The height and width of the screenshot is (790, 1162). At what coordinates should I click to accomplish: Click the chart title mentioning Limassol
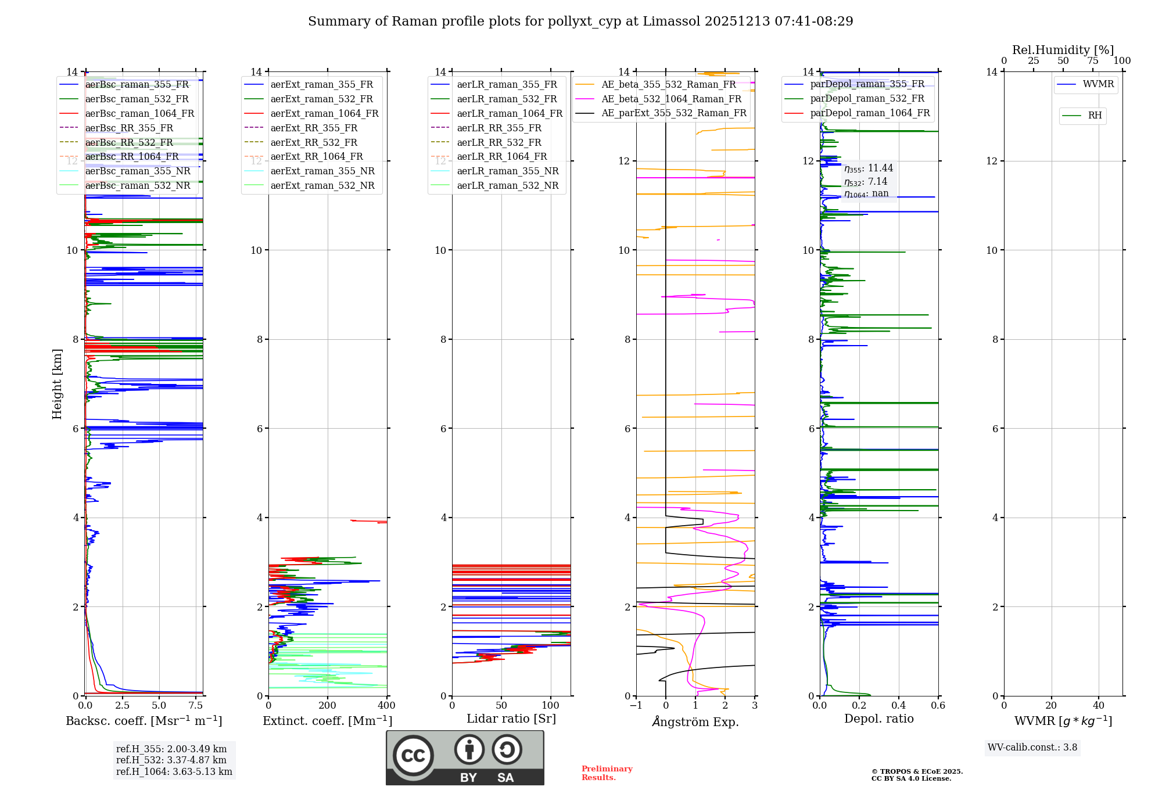tap(580, 21)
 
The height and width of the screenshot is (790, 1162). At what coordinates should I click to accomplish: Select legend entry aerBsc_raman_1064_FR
tap(139, 114)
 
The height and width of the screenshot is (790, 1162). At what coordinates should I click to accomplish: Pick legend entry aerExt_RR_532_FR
tap(314, 142)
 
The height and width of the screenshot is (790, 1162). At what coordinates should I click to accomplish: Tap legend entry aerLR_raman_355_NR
tap(507, 171)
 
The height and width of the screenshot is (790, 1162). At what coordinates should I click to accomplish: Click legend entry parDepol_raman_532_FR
tap(867, 99)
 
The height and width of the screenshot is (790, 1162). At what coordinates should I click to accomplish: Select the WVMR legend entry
tap(1098, 84)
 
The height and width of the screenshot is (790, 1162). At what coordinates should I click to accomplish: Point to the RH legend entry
tap(1095, 116)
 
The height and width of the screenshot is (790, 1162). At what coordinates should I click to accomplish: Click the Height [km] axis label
tap(57, 384)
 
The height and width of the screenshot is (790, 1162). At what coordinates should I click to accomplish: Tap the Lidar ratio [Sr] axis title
tap(511, 719)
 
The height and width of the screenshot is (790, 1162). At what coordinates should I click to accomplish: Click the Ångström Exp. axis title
tap(695, 721)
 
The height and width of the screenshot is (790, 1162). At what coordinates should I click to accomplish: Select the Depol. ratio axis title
tap(878, 719)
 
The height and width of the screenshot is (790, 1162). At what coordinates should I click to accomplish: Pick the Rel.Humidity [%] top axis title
tap(1063, 50)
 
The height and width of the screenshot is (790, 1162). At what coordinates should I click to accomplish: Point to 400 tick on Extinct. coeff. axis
tap(387, 706)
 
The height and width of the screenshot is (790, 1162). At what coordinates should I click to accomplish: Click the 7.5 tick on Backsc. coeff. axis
tap(196, 706)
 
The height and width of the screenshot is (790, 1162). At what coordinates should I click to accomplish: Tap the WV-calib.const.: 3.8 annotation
tap(1032, 748)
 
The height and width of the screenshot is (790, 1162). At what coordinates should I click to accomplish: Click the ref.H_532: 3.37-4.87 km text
tap(171, 760)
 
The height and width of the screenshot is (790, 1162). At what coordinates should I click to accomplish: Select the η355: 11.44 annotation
tap(869, 168)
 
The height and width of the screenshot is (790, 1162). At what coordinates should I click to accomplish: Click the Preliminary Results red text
tap(607, 773)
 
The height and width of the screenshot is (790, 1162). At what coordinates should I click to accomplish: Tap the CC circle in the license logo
tap(413, 756)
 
